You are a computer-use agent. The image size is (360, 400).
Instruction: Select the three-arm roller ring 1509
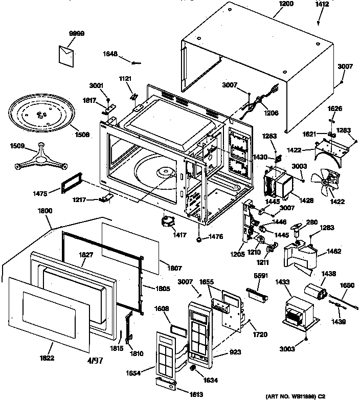click(40, 159)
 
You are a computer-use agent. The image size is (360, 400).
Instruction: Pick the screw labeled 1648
click(137, 63)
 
